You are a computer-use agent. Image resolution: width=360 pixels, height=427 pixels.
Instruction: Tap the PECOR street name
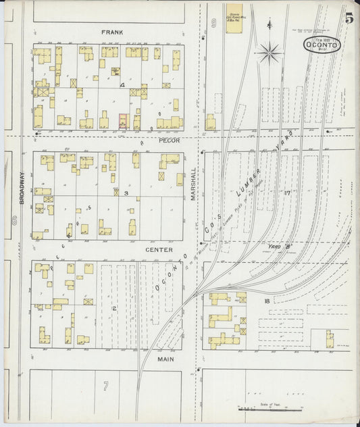[169, 141]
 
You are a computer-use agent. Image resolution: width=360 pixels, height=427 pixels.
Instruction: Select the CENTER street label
[159, 250]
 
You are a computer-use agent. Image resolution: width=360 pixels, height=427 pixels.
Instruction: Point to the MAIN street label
[166, 360]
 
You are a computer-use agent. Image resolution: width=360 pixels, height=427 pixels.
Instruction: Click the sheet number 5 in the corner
[349, 19]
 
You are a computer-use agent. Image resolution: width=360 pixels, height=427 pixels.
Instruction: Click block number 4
[122, 85]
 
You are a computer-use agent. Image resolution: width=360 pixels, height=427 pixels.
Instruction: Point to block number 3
[126, 193]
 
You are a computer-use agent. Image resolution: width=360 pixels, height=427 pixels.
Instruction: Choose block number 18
[267, 301]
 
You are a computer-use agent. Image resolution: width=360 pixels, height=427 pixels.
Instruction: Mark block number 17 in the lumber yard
[286, 193]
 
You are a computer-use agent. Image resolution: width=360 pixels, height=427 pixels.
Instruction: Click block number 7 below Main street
[105, 386]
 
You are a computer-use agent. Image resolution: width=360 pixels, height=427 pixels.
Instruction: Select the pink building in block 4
[123, 121]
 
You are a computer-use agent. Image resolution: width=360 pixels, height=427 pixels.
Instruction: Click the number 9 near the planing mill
[213, 24]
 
